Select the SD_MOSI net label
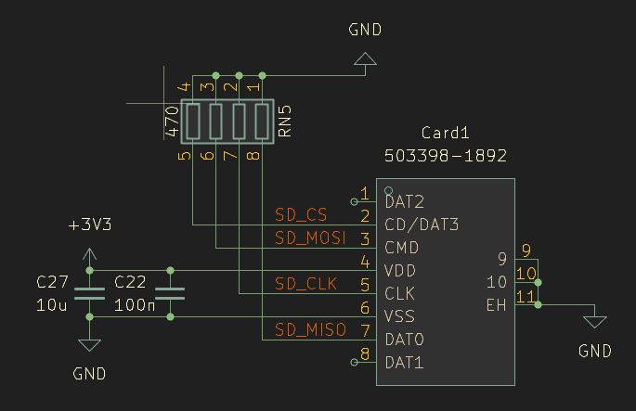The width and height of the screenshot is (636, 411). point(310,238)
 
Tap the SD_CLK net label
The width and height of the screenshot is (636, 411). point(306,283)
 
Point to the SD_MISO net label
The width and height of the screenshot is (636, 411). point(310,329)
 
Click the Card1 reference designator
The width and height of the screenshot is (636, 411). point(445,132)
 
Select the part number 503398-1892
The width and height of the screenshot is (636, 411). point(445,155)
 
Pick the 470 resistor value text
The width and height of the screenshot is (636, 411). point(171,122)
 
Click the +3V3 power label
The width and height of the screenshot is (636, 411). point(89,225)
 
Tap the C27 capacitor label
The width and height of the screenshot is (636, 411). point(52,280)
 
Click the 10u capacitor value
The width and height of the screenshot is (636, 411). point(52,303)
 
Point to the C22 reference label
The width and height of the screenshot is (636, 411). point(130,280)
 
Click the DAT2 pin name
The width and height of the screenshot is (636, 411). point(405,201)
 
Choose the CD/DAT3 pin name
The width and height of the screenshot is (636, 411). point(422,225)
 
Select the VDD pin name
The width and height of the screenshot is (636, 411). point(400,271)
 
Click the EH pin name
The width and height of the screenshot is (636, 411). point(497,304)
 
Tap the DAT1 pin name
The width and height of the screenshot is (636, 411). point(405,362)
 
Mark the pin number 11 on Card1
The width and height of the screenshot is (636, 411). point(526,296)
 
